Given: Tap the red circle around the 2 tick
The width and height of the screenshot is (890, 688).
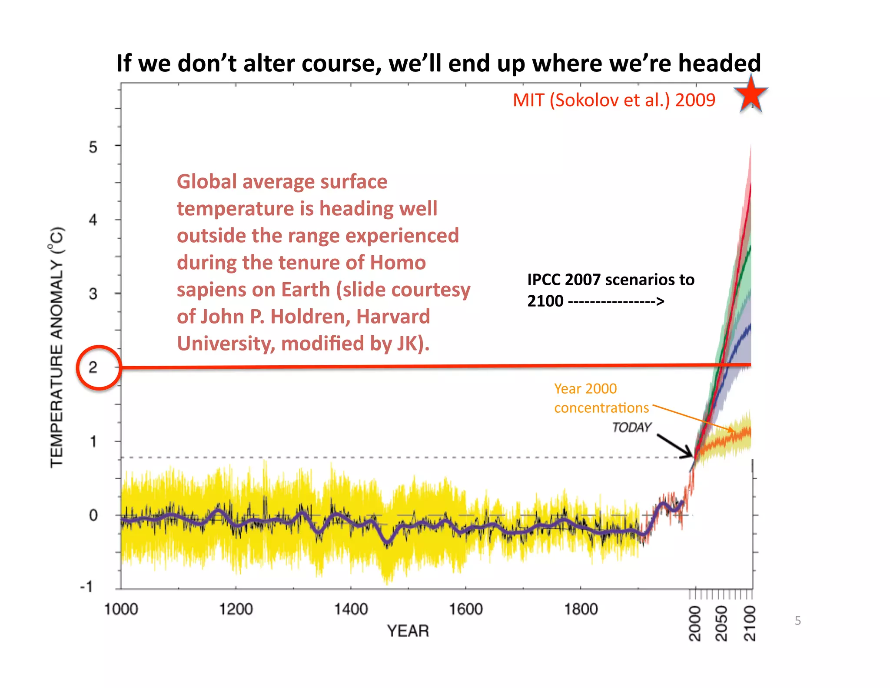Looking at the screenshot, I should point(99,367).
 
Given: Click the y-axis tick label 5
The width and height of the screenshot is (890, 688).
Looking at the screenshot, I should point(93,147).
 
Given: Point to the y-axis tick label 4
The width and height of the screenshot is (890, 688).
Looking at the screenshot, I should point(93,220).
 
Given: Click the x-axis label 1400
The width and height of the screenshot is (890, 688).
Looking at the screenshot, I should point(351,609).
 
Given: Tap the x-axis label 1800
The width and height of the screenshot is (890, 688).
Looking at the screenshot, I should point(581,609).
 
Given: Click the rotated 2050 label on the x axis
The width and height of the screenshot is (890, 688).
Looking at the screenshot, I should point(721,623).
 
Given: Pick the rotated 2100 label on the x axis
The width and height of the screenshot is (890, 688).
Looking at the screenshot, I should point(750,623).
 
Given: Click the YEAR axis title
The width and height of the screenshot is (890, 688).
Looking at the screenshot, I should point(408,631).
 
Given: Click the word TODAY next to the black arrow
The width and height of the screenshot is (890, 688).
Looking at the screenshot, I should point(631,427).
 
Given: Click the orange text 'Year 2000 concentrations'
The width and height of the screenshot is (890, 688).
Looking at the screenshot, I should point(601,398).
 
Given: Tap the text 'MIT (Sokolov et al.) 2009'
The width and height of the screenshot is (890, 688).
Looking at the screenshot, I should point(614,100).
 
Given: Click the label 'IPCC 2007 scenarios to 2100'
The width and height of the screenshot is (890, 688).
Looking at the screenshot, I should point(610,290).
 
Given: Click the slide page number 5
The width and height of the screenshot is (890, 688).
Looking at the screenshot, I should point(797,621).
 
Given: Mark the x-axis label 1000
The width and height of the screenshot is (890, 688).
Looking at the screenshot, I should point(121,609).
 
